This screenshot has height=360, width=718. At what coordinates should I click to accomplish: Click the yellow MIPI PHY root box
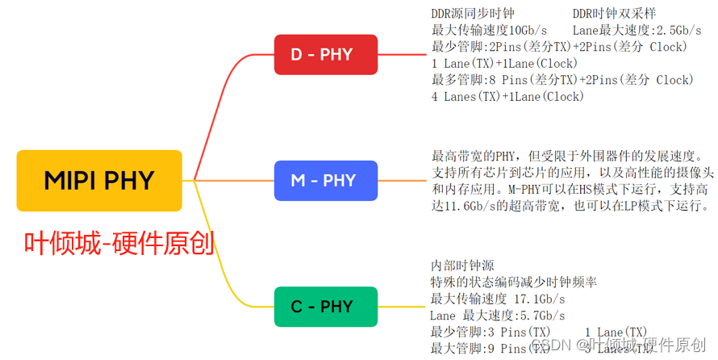pyautogui.click(x=99, y=180)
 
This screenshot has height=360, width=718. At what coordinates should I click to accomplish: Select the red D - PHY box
pyautogui.click(x=325, y=55)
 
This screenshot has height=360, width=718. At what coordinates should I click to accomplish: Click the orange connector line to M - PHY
pyautogui.click(x=234, y=180)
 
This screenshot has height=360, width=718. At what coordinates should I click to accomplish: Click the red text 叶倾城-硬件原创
pyautogui.click(x=119, y=242)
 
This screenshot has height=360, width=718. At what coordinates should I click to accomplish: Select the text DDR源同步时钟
pyautogui.click(x=473, y=14)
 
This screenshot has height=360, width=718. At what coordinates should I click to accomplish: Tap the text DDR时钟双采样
pyautogui.click(x=614, y=14)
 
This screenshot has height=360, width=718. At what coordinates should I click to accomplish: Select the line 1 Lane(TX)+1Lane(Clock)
pyautogui.click(x=504, y=63)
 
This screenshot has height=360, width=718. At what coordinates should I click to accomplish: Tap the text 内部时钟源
pyautogui.click(x=462, y=266)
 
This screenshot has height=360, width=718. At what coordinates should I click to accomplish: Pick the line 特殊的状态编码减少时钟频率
pyautogui.click(x=514, y=282)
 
